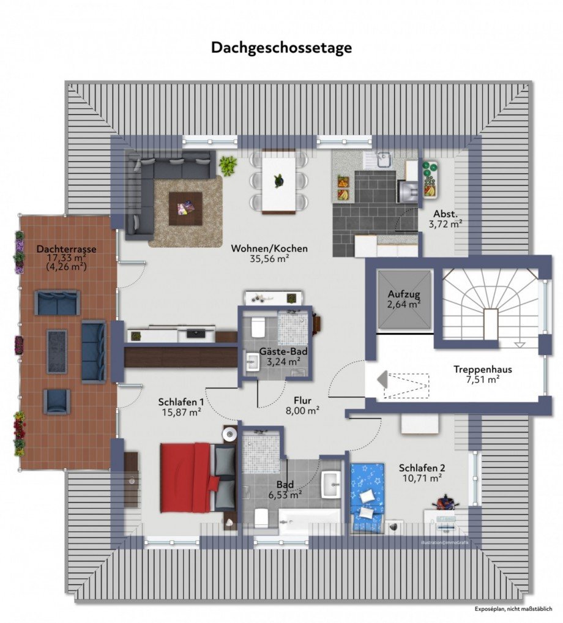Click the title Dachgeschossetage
coord(281,48)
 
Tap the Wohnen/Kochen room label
coord(269,248)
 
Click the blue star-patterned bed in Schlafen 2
coord(367,496)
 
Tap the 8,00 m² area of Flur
coord(303,412)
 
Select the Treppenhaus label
coord(483,370)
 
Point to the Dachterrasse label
coord(66,249)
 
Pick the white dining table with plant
coord(279,182)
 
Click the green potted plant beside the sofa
coord(228,165)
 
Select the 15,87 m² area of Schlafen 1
coord(180,412)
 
